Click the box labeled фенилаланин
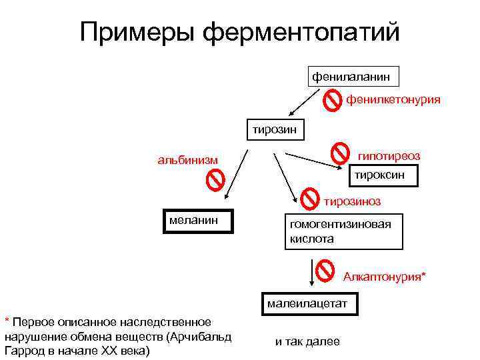(x=353, y=77)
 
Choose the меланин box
(x=199, y=220)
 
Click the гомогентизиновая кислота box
(x=344, y=232)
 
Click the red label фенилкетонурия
(x=392, y=100)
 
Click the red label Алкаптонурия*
(x=385, y=276)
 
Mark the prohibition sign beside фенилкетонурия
(x=332, y=101)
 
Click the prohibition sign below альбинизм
(x=215, y=181)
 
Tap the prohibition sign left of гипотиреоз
(x=341, y=152)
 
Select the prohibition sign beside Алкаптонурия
(x=325, y=269)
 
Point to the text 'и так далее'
(x=307, y=342)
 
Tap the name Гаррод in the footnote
(x=25, y=350)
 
